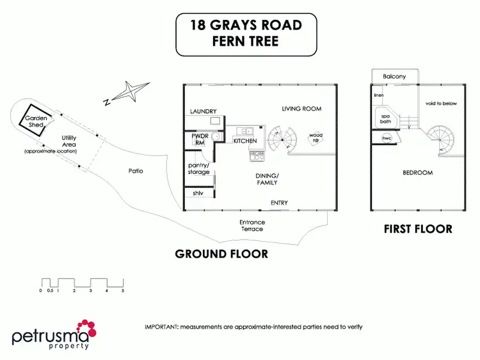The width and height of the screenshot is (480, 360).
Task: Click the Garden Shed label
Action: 34,121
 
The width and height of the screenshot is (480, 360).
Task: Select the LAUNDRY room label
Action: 204,111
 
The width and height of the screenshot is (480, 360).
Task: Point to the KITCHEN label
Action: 245,141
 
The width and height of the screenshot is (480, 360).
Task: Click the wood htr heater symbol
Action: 316,137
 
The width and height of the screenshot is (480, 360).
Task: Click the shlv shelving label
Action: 198,192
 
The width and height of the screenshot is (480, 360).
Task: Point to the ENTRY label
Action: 279,203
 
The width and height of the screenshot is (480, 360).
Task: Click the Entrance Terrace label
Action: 253,225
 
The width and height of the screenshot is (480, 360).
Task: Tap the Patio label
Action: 135,171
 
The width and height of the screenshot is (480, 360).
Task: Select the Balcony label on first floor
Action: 394,77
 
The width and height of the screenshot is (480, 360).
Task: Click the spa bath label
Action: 386,118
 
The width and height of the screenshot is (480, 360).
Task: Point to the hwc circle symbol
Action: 387,138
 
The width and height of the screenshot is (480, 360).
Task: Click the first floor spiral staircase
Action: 442,141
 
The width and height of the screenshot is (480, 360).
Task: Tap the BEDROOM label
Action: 417,173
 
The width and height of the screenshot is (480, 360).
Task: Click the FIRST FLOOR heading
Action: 417,229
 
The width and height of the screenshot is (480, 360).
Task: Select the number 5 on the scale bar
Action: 123,291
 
